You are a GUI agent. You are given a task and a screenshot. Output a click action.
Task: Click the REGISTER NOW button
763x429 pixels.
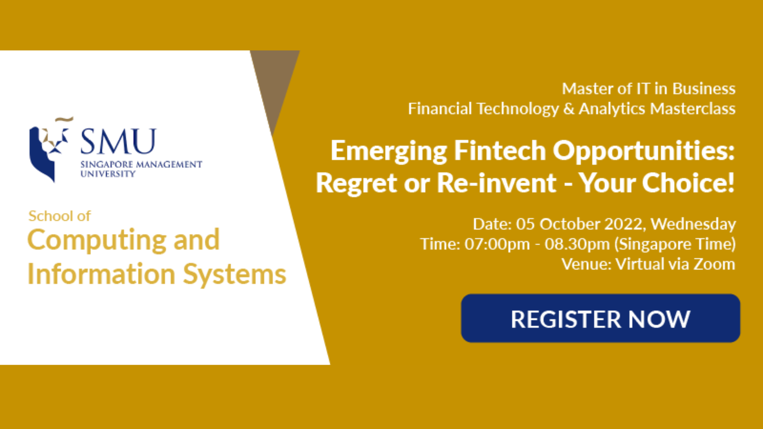point(600,318)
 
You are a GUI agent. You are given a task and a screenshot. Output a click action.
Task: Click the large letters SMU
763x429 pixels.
point(118,141)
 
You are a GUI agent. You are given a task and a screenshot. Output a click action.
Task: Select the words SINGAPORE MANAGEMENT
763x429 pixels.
point(141,164)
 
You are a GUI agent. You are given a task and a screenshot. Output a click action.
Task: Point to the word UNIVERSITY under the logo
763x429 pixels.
point(108,174)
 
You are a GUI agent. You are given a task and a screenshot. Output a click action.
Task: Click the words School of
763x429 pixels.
point(60,216)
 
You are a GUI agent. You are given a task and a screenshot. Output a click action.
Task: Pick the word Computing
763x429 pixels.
point(97,240)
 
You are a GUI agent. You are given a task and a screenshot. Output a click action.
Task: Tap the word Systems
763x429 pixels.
point(234,274)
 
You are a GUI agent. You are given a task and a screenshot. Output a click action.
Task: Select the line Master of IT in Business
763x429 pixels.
point(649,89)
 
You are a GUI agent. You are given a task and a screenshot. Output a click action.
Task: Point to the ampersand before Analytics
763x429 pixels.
point(569,108)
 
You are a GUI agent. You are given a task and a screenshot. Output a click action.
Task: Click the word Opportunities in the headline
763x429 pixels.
point(644,152)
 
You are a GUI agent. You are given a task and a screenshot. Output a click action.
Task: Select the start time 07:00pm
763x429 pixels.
point(497,244)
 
